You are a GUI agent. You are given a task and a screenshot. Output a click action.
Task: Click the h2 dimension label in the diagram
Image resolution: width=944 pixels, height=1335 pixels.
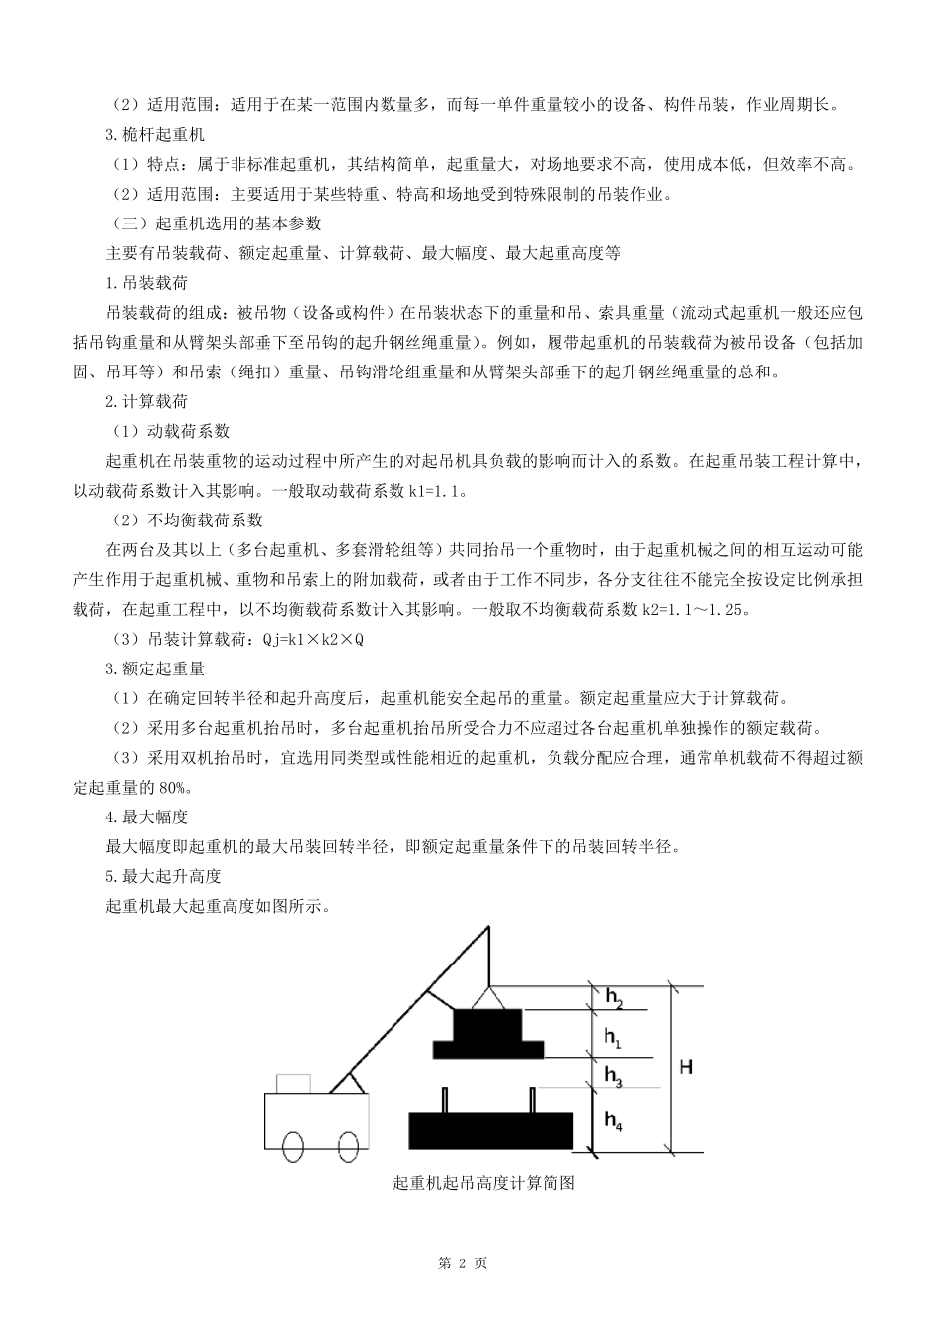tap(614, 998)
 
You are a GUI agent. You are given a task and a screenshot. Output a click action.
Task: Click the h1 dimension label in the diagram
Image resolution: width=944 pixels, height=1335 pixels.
tap(613, 1038)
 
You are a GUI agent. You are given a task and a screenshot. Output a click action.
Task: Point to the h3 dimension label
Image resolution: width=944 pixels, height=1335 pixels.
tap(613, 1076)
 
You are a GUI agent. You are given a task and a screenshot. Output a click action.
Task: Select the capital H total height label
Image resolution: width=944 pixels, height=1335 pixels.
tap(686, 1067)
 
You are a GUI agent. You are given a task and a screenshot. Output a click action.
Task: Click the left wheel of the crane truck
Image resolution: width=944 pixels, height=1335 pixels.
tap(294, 1146)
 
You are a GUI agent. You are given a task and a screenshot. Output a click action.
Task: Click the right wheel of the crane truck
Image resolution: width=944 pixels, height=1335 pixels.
tap(347, 1146)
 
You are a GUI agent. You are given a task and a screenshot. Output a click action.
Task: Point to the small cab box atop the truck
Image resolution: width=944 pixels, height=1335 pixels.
tap(294, 1083)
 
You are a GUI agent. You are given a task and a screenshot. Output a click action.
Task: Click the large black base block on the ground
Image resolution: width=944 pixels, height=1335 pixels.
tap(492, 1131)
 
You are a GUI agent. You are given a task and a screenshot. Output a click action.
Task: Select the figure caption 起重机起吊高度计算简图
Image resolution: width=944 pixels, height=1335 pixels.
tap(485, 1183)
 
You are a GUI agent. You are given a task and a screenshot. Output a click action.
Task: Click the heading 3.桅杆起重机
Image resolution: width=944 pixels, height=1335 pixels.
tap(155, 134)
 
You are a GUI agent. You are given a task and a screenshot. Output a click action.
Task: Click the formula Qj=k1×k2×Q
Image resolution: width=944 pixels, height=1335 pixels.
tap(313, 639)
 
